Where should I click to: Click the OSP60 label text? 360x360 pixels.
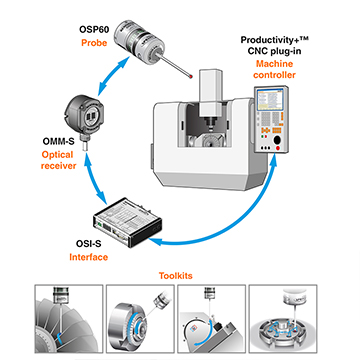(93, 29)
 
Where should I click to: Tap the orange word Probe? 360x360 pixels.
(94, 43)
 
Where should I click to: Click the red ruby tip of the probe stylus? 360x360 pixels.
(190, 77)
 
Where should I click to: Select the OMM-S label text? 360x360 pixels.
(58, 142)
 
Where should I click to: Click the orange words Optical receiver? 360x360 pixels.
(58, 160)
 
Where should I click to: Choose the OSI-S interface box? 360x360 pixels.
(127, 222)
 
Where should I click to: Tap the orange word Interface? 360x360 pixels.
(89, 257)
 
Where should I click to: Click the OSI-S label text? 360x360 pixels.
(88, 244)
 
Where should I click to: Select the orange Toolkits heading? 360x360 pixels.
(176, 276)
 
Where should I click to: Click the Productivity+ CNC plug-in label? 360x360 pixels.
(274, 46)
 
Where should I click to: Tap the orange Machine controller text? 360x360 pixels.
(274, 69)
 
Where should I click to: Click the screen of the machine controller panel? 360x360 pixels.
(269, 100)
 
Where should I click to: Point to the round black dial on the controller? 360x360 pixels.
(278, 141)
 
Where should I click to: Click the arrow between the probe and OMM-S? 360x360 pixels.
(112, 75)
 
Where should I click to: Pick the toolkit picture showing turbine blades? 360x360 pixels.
(69, 319)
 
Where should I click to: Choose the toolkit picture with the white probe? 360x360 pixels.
(283, 319)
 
